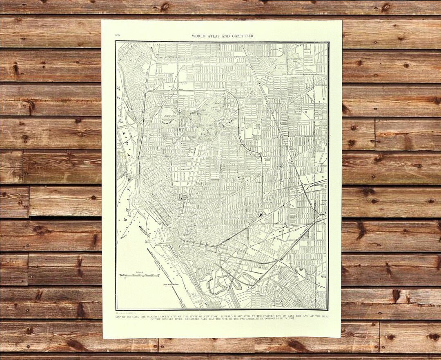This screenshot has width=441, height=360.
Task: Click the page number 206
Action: pos(118,36)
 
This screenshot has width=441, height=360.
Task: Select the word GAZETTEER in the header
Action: pos(241,36)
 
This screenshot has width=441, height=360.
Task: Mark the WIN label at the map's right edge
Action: pos(323,277)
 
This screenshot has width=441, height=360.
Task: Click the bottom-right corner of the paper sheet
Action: pos(341,337)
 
